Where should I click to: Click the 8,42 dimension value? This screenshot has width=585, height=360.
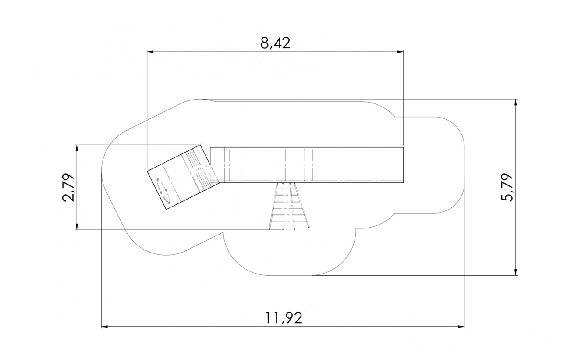click(x=275, y=43)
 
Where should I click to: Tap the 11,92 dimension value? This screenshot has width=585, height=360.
click(x=284, y=318)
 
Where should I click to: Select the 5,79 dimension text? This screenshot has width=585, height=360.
click(x=507, y=187)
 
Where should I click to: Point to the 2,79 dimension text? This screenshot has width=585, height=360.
click(x=68, y=187)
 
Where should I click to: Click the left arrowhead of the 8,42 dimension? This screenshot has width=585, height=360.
click(x=150, y=52)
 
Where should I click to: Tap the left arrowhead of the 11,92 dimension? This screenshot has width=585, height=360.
click(x=105, y=327)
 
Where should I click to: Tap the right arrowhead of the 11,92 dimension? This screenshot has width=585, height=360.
click(x=461, y=327)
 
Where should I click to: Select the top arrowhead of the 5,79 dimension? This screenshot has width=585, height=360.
click(x=515, y=103)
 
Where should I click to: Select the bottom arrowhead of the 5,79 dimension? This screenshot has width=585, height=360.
click(x=515, y=272)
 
